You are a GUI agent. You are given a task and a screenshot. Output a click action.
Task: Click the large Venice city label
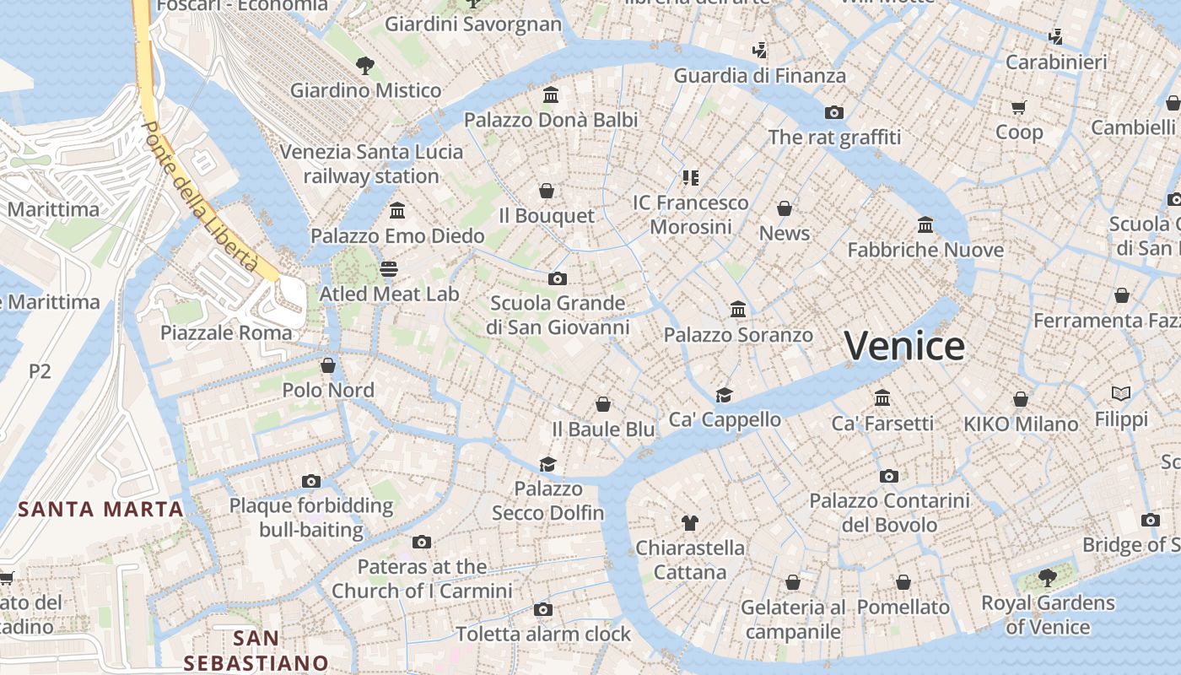[x=904, y=346]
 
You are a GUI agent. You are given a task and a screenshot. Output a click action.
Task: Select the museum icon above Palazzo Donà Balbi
[x=551, y=94]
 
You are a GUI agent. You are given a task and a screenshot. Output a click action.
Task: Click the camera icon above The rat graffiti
[x=833, y=112]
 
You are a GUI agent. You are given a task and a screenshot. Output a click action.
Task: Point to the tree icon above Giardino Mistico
[x=365, y=65]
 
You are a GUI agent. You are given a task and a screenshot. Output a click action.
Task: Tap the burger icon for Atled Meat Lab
[x=388, y=269]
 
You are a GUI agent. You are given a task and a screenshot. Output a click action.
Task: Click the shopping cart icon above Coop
[x=1019, y=107]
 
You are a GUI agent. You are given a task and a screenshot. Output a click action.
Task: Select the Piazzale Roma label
[x=226, y=332]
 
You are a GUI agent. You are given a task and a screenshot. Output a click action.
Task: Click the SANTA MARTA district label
[x=101, y=509]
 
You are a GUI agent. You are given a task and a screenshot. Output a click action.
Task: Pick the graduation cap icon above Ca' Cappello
[x=724, y=395]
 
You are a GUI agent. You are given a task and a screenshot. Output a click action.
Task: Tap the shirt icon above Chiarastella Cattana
[x=689, y=523]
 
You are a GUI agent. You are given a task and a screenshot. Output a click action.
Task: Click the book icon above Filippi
[x=1121, y=393]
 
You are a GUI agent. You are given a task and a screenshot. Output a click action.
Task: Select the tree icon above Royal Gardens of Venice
[x=1047, y=578]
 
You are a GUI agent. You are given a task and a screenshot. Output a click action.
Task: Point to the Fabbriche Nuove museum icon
[x=925, y=224]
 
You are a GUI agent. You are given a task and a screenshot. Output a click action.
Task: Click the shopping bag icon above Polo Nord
[x=328, y=365]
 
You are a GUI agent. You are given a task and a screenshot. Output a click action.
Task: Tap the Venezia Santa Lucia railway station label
[x=371, y=164]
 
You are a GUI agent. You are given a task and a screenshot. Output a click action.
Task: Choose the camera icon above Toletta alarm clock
[x=543, y=609]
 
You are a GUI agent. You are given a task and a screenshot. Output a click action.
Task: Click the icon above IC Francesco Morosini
[x=691, y=177]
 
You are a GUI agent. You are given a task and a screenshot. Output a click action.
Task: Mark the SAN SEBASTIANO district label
[x=256, y=651]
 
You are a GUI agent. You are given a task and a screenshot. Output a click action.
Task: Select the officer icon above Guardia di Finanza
[x=759, y=51]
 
